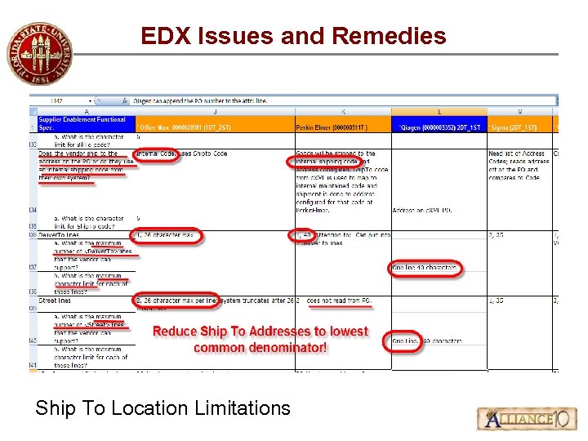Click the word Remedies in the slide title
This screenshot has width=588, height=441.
[x=389, y=36]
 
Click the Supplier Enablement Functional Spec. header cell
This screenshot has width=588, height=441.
[x=82, y=123]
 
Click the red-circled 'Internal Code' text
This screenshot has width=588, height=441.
[x=156, y=154]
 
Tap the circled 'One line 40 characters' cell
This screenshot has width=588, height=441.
[x=425, y=268]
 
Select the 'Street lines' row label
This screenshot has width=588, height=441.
[x=55, y=301]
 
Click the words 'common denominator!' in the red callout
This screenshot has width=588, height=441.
[x=261, y=347]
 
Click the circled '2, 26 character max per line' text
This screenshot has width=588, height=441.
[x=176, y=301]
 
